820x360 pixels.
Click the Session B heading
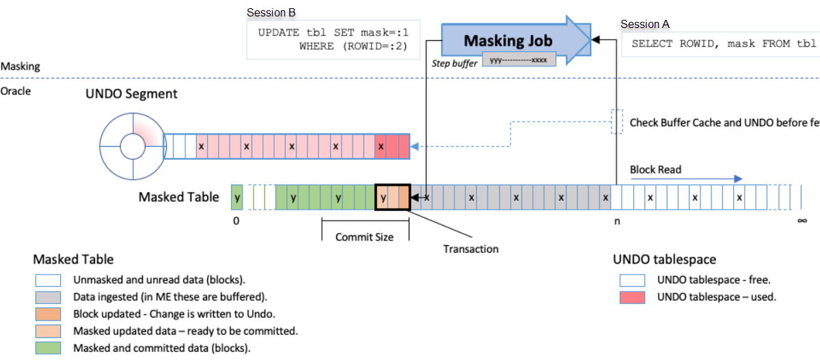click(271, 12)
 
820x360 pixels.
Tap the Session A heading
click(644, 25)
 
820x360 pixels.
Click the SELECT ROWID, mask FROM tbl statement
click(723, 44)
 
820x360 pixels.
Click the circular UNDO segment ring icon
click(130, 146)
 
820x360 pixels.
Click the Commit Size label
click(365, 237)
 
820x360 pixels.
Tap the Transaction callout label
click(471, 249)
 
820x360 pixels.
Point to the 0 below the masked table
click(236, 221)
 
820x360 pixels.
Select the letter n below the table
click(617, 221)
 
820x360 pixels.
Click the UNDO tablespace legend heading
click(664, 260)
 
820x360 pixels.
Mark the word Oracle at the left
click(16, 91)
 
